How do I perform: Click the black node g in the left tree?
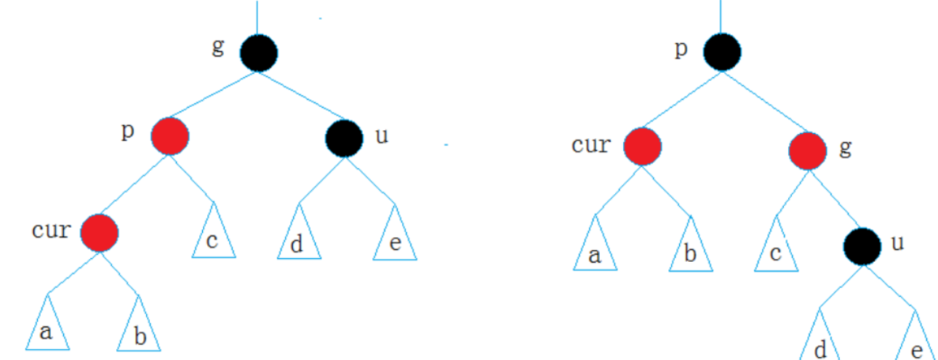tap(259, 53)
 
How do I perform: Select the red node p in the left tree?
tap(170, 136)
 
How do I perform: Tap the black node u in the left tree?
tap(343, 138)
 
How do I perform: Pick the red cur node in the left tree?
tap(100, 233)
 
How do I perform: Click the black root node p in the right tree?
tap(722, 52)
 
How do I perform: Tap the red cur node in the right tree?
tap(643, 146)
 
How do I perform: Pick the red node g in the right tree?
tap(808, 150)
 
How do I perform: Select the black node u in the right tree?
tap(863, 247)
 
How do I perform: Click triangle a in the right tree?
tap(595, 248)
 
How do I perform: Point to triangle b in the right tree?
tap(690, 249)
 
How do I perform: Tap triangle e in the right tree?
tap(914, 342)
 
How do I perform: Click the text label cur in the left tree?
tap(52, 231)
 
